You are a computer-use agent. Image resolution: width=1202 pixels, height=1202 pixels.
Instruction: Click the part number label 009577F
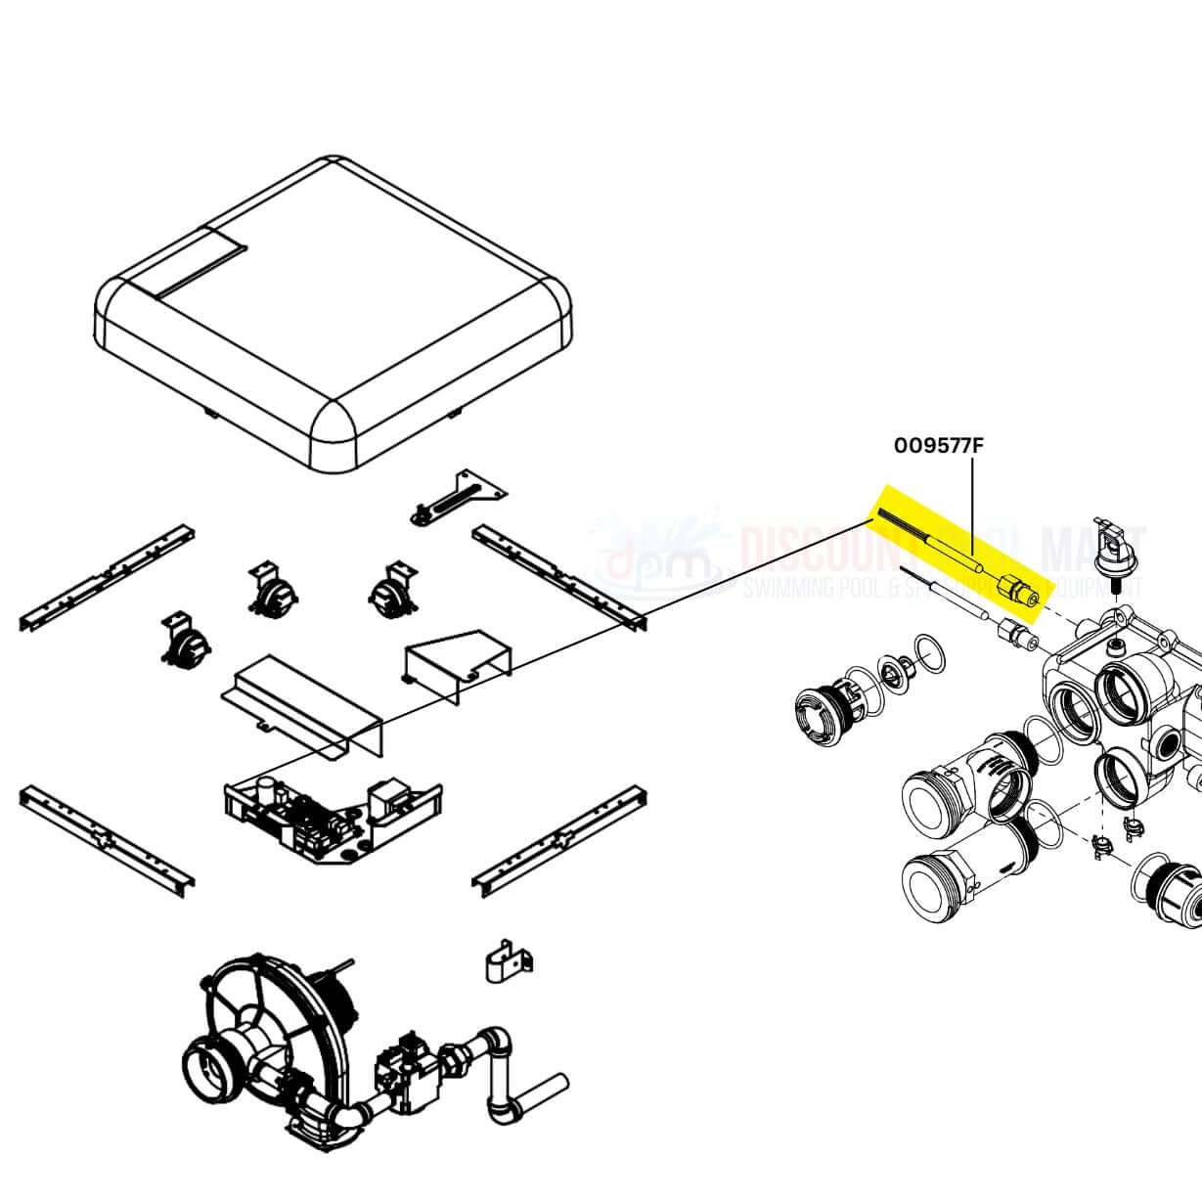coord(938,446)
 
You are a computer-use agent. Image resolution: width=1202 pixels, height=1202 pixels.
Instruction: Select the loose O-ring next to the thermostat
coord(930,654)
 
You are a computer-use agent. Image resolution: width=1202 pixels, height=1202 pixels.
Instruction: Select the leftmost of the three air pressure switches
coord(187,640)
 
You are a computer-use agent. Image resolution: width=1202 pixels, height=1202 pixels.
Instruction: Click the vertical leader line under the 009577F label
coord(972,509)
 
